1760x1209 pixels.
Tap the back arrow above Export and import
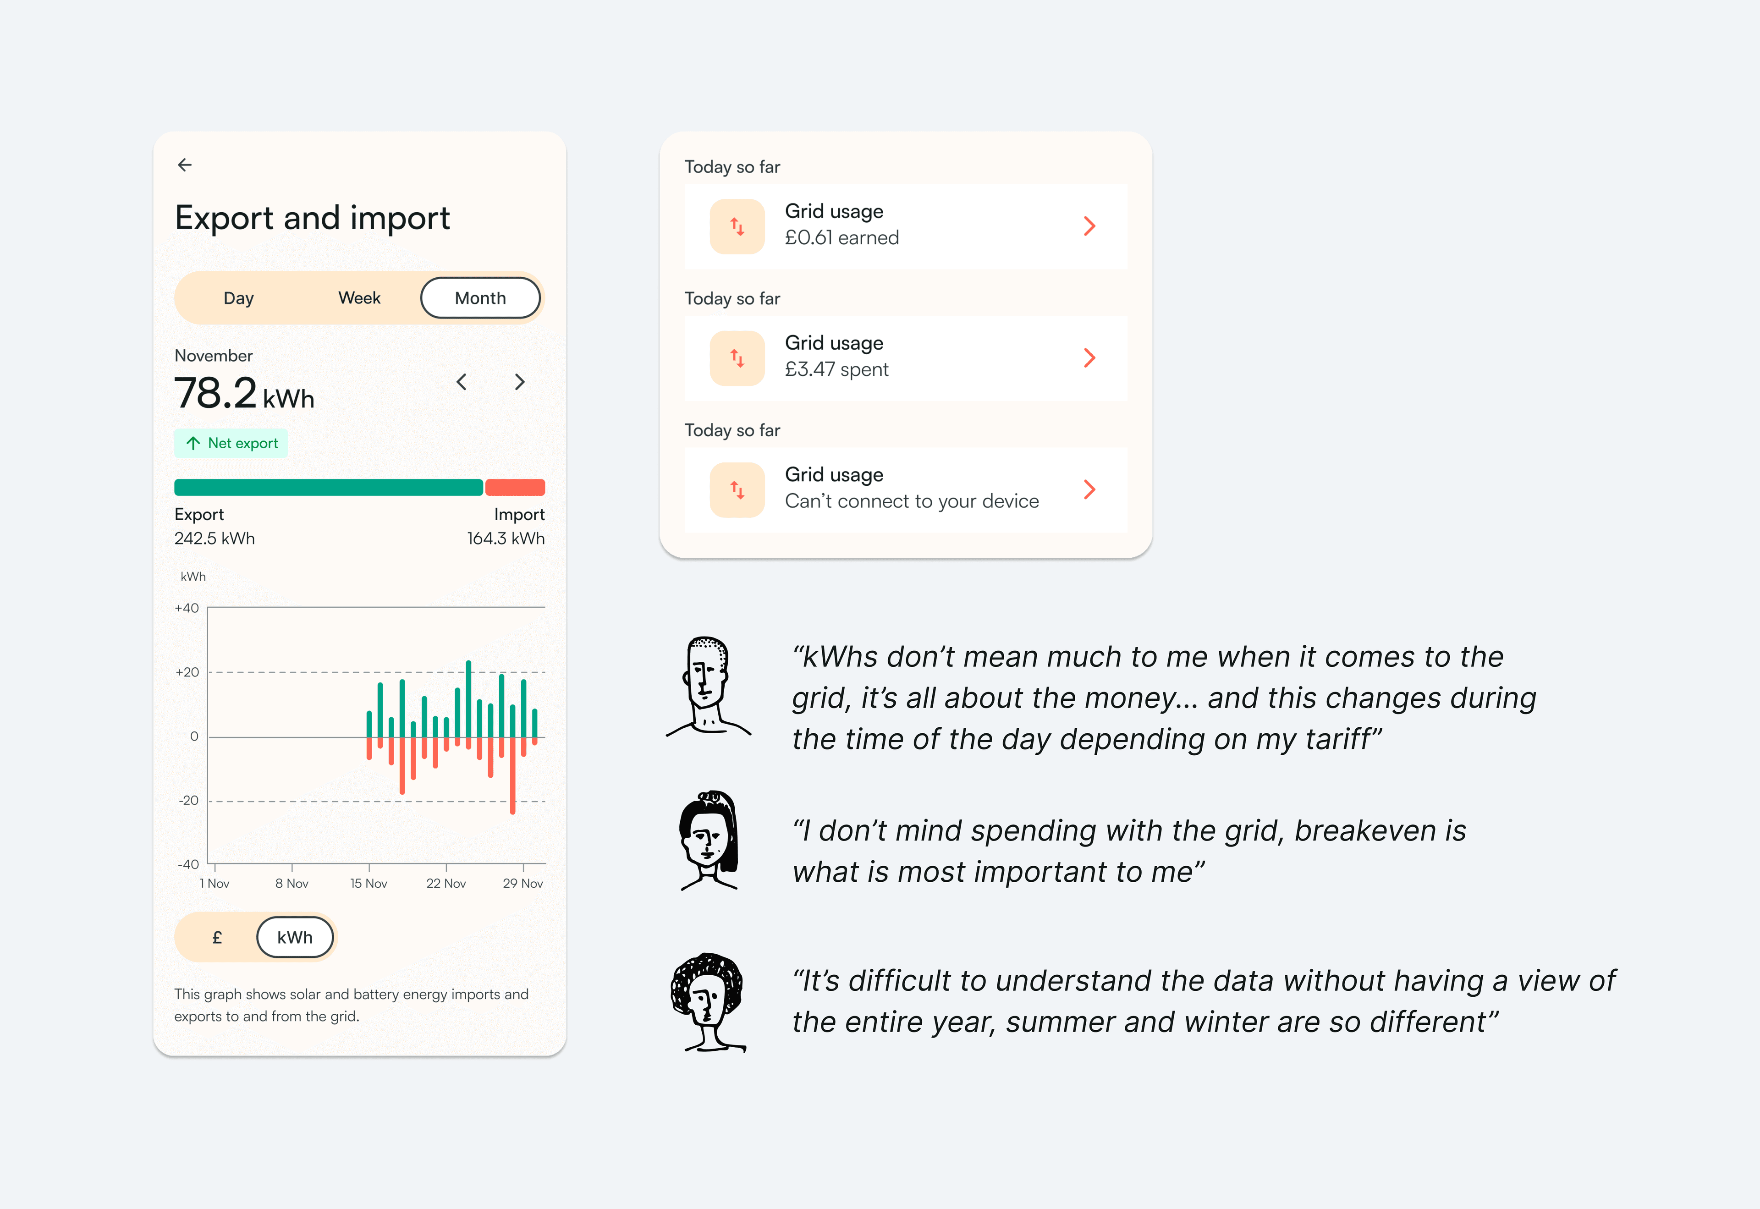point(185,165)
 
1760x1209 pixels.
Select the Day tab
point(239,298)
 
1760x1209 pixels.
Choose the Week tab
point(359,298)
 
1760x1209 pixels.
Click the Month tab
point(480,298)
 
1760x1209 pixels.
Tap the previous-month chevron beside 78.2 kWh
point(462,382)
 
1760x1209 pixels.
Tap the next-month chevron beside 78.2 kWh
point(520,382)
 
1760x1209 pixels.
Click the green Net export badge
point(231,443)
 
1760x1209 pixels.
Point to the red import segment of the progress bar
point(515,487)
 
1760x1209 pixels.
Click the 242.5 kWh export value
point(214,539)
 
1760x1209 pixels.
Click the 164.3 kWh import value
point(506,539)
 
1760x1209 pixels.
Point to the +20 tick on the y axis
point(187,672)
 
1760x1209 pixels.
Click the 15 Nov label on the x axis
point(369,883)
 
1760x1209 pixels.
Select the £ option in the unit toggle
point(217,938)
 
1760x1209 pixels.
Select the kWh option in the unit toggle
point(295,937)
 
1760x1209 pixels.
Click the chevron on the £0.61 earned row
point(1089,226)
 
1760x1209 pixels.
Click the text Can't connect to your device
point(912,501)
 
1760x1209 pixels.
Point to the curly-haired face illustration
point(708,1001)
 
